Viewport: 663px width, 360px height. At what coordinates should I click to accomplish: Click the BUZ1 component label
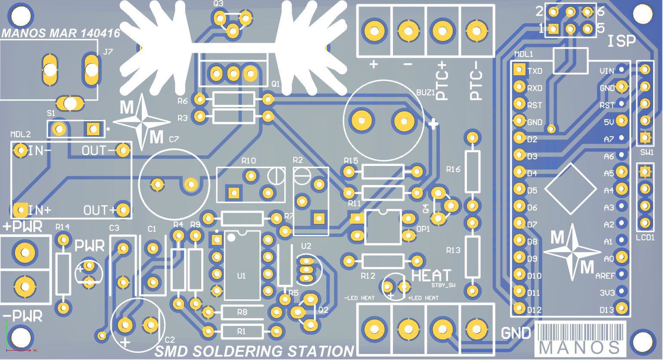(x=426, y=92)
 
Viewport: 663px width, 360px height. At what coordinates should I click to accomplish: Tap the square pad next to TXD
(x=519, y=69)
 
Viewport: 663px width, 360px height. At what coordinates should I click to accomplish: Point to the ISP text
(x=621, y=42)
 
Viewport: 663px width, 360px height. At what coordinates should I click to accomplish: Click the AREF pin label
(x=605, y=276)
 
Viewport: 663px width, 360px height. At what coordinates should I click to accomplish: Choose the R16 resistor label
(x=453, y=169)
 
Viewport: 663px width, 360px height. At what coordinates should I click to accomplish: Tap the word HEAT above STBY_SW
(x=431, y=275)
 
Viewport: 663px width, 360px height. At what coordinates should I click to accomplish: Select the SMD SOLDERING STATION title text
(x=254, y=351)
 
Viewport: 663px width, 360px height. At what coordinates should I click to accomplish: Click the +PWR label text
(x=23, y=226)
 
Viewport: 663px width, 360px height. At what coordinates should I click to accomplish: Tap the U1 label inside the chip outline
(x=241, y=276)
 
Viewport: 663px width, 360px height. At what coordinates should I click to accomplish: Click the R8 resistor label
(x=242, y=312)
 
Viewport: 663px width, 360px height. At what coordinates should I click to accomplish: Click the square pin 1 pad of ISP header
(x=554, y=29)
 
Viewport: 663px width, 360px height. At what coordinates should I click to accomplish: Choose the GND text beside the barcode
(x=516, y=333)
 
